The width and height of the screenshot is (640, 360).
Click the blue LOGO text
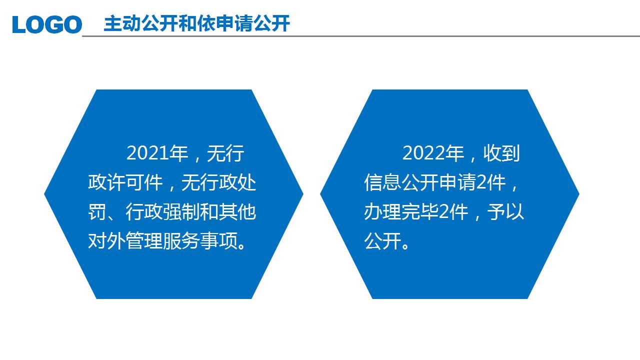click(x=47, y=24)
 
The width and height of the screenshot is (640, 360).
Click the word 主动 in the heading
click(x=122, y=23)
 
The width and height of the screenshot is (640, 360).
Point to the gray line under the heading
click(x=361, y=36)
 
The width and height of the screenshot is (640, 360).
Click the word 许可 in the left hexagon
click(x=125, y=182)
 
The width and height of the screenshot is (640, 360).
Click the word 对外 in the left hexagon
click(x=106, y=241)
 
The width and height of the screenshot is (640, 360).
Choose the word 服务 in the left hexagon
click(x=181, y=241)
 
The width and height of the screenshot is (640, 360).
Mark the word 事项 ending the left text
click(x=219, y=241)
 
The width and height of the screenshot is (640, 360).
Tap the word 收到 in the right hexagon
click(x=501, y=153)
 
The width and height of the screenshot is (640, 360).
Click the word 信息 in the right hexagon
click(x=382, y=182)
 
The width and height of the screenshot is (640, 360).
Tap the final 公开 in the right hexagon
click(x=382, y=241)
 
